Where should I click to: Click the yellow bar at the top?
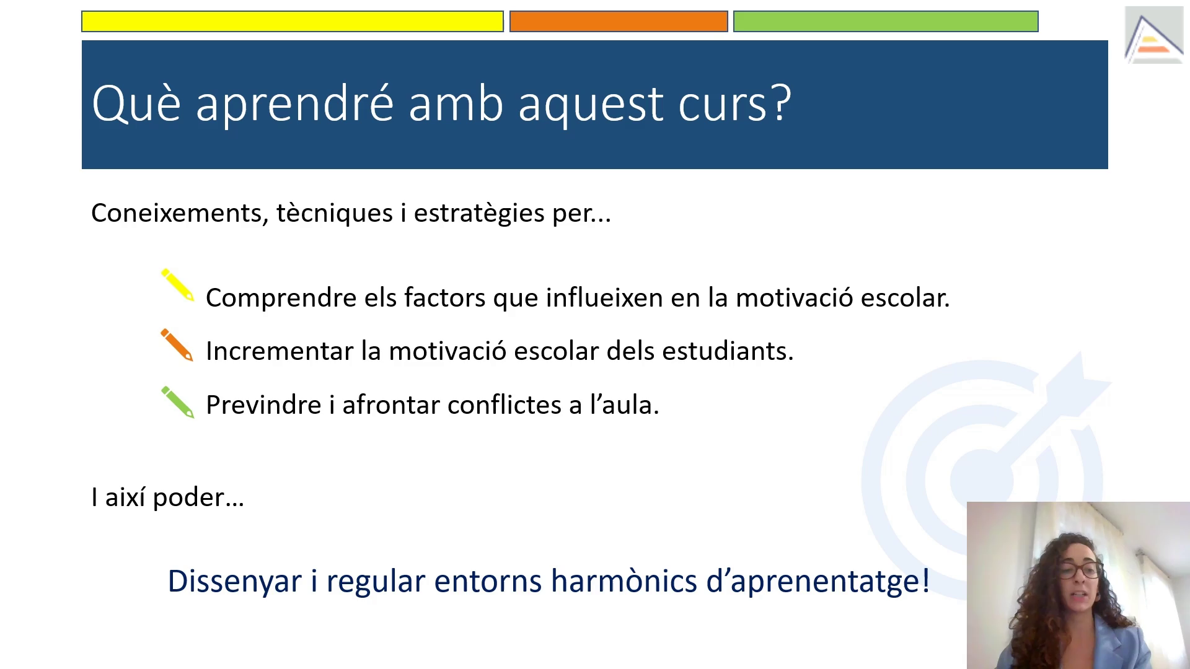(293, 21)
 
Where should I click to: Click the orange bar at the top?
(619, 21)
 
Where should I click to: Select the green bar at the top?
(886, 21)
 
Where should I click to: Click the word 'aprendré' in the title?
(294, 104)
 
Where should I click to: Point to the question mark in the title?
(780, 102)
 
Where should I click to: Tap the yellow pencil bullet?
(177, 285)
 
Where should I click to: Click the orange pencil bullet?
(177, 345)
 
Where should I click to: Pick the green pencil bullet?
(177, 403)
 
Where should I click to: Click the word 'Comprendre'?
(281, 299)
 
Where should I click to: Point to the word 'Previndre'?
(263, 405)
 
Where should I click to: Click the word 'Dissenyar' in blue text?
(234, 582)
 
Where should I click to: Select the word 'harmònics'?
(624, 581)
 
